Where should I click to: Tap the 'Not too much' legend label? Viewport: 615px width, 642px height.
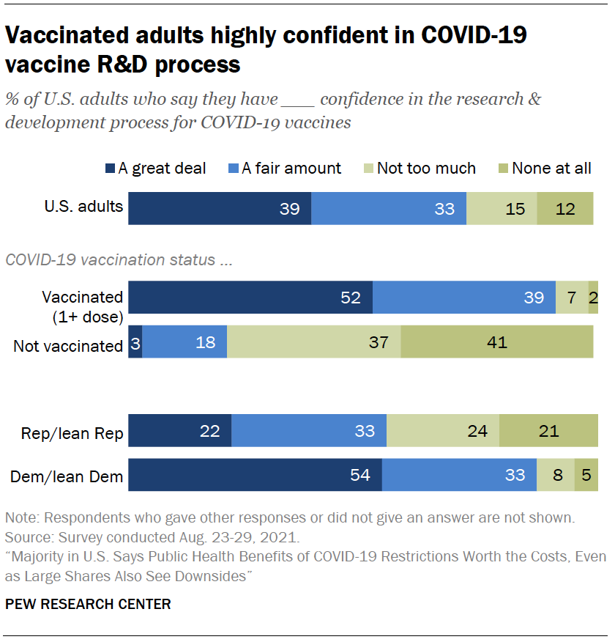[426, 169]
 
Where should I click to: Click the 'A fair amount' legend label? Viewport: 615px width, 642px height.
[291, 169]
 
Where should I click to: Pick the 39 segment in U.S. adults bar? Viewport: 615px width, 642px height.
[220, 208]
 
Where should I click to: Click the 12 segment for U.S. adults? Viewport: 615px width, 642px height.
[564, 208]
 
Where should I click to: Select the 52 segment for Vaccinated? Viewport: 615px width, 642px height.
[250, 298]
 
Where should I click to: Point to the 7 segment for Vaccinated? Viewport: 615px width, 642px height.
[572, 298]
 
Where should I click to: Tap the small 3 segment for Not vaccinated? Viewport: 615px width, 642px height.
[135, 342]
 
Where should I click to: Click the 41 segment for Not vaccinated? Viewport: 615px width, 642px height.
[497, 342]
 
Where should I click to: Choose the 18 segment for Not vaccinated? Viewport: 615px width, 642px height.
[184, 342]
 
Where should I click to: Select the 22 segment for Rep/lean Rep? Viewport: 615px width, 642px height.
[180, 430]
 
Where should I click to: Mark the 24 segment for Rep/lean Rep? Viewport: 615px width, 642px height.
[443, 430]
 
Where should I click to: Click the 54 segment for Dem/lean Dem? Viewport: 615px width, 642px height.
[255, 475]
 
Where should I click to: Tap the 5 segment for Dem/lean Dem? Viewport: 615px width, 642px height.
[586, 475]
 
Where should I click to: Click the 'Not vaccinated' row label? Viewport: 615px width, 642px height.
[68, 346]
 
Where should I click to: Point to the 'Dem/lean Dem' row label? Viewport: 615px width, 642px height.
[67, 478]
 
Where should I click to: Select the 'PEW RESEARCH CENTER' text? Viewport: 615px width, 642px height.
[88, 604]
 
